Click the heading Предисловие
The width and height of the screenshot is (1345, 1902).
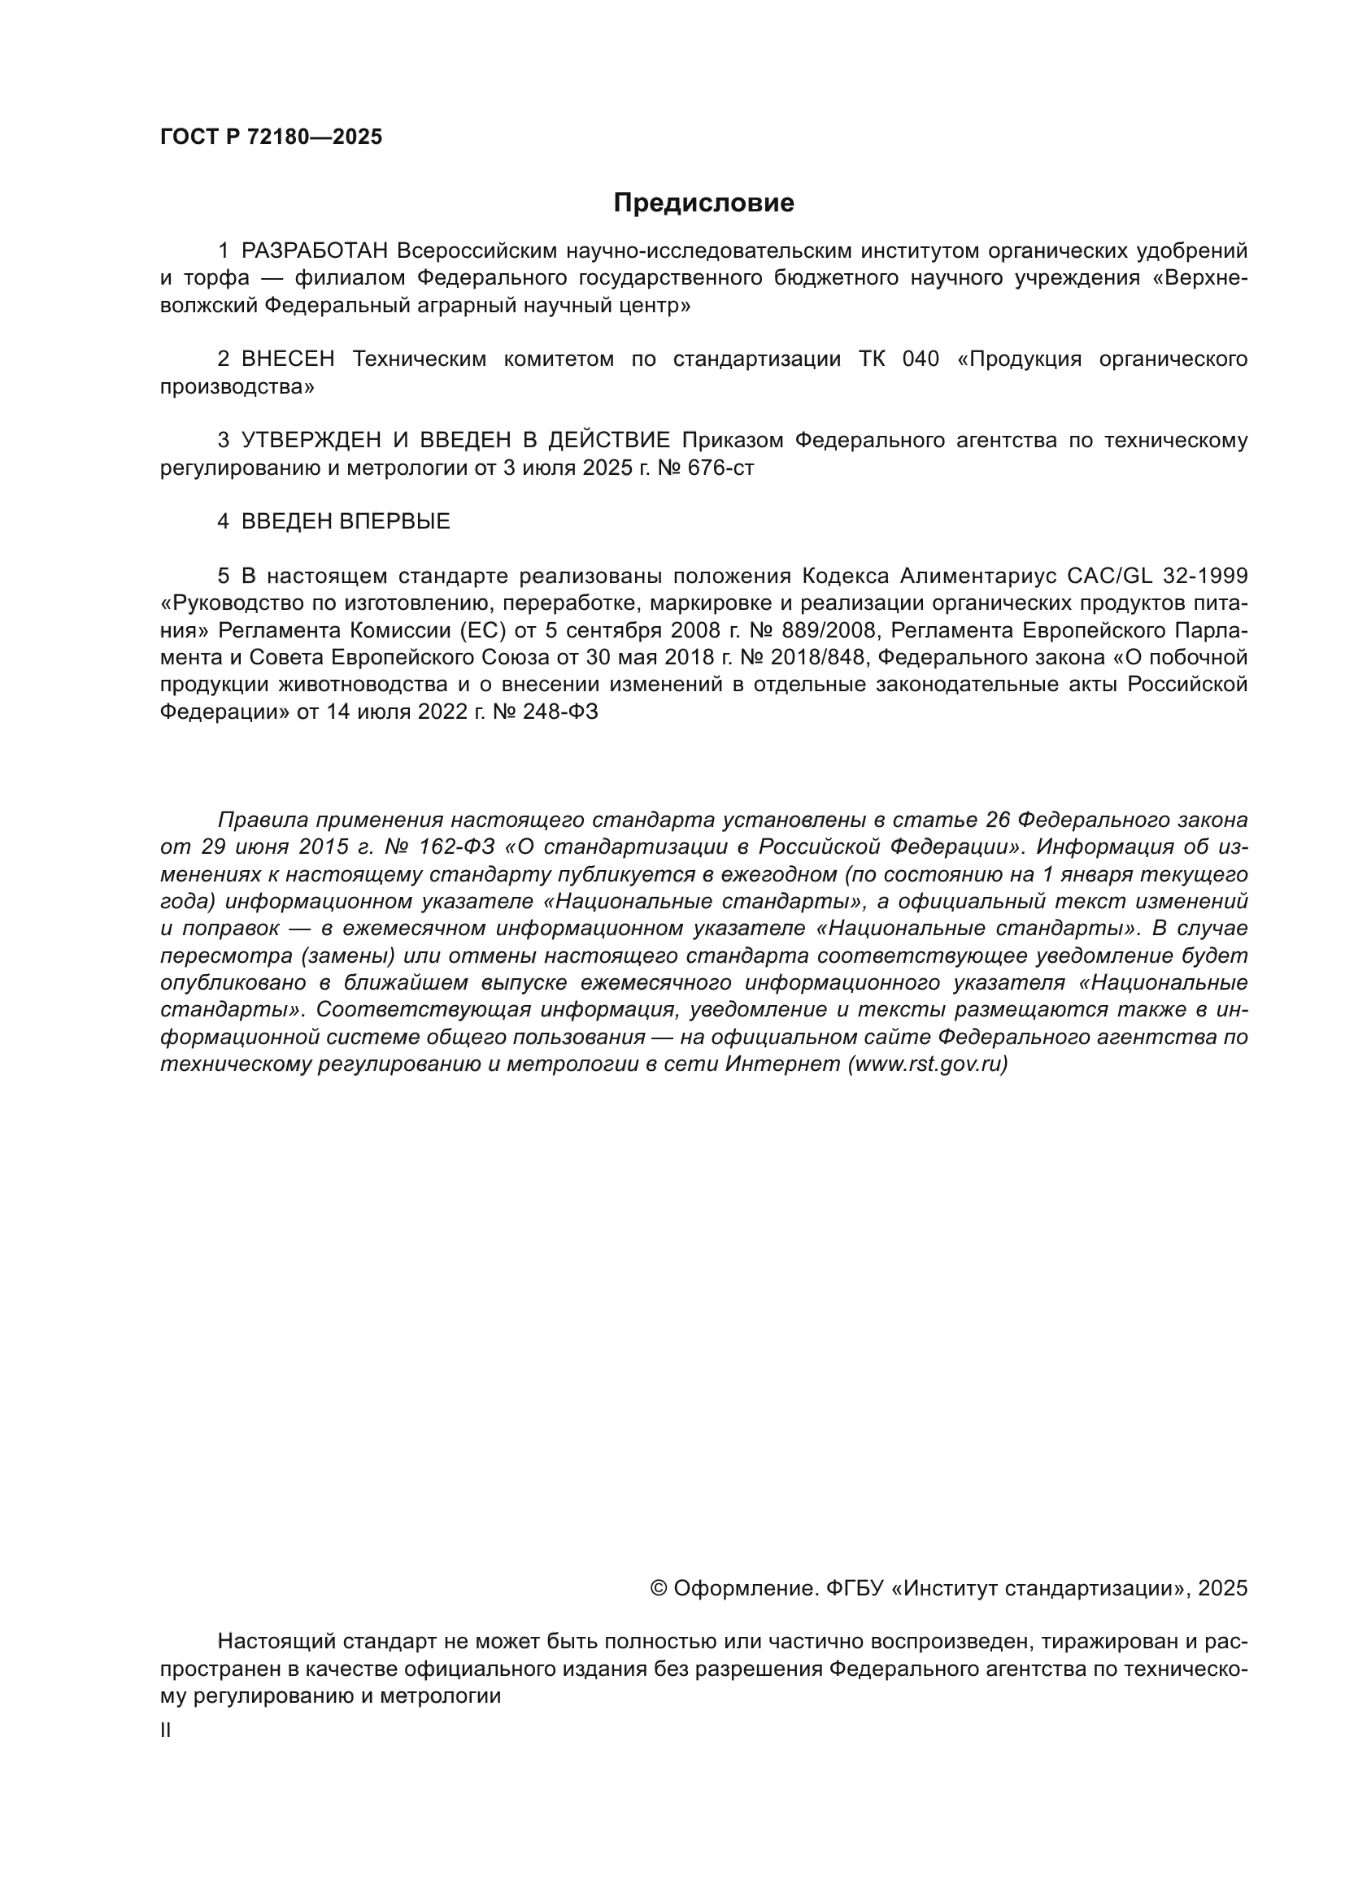[x=703, y=203]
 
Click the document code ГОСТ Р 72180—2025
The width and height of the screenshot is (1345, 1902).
[x=271, y=137]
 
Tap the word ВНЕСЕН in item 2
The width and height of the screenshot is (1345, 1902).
[x=288, y=359]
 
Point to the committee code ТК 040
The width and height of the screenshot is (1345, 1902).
[x=899, y=359]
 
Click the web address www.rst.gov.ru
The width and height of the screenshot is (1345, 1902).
[x=928, y=1064]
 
